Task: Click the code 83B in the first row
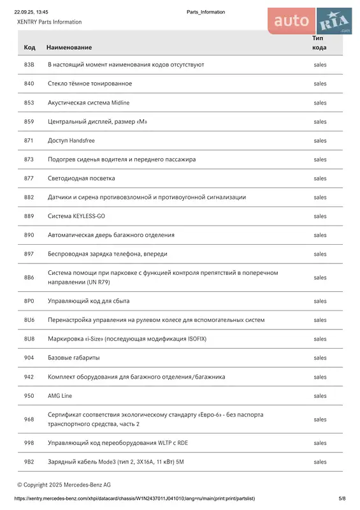[x=29, y=64]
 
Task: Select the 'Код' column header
[x=29, y=47]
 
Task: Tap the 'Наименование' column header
[x=69, y=47]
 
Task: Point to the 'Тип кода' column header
[x=319, y=43]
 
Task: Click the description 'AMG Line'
[x=60, y=396]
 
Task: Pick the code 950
[x=29, y=396]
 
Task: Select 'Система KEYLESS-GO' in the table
[x=76, y=216]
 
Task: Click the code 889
[x=29, y=216]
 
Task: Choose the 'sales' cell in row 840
[x=320, y=84]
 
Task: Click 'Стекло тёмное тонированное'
[x=90, y=84]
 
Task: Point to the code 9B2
[x=29, y=462]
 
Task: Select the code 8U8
[x=29, y=339]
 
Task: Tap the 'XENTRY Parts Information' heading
[x=49, y=22]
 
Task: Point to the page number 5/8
[x=342, y=499]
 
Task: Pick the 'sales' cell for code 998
[x=320, y=442]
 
